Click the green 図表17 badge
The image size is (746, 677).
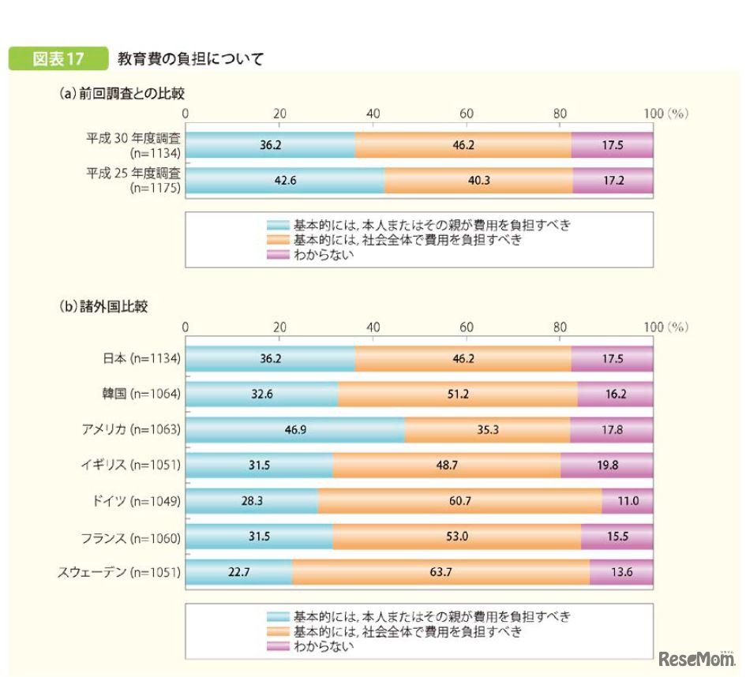[x=57, y=59]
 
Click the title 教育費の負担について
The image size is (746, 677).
[x=190, y=59]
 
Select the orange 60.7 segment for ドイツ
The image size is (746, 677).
[x=459, y=501]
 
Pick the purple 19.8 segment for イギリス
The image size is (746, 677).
[x=606, y=466]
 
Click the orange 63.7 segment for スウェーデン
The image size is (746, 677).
[x=440, y=572]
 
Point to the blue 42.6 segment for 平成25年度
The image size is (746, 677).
[x=284, y=181]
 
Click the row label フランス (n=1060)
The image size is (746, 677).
[x=131, y=538]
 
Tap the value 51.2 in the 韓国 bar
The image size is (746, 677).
[x=458, y=394]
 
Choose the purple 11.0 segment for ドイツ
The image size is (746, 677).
[x=628, y=501]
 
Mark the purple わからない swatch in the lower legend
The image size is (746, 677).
[x=278, y=647]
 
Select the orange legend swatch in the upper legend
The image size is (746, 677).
[x=278, y=240]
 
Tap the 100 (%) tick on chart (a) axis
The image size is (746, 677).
[x=665, y=114]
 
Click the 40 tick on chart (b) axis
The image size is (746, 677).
[x=373, y=327]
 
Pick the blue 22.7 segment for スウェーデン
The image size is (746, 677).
[x=238, y=572]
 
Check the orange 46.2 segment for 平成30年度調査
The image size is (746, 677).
[x=463, y=145]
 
